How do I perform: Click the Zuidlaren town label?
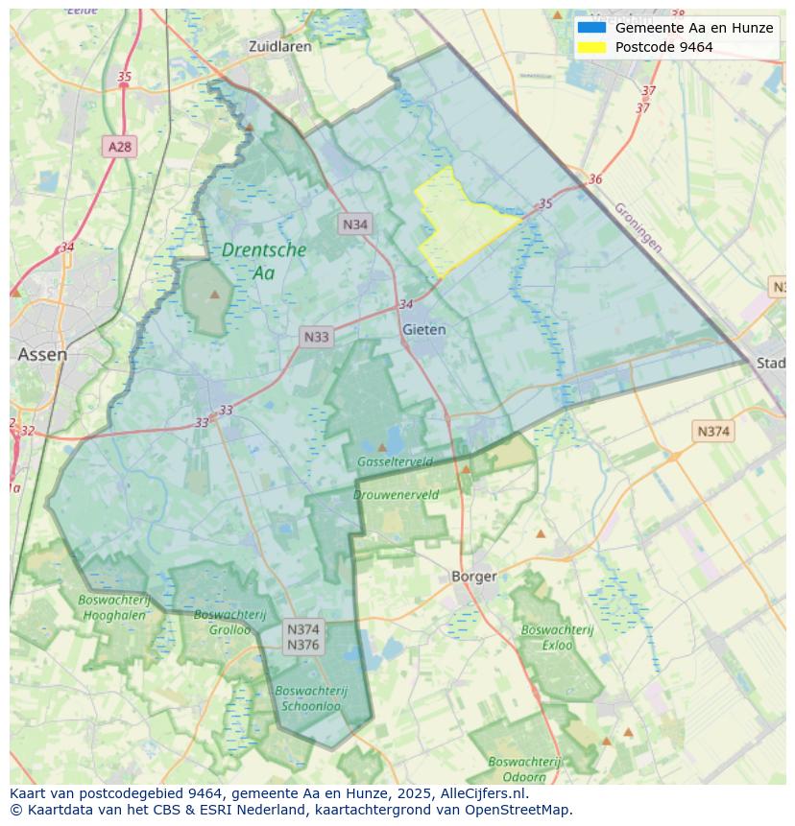279,46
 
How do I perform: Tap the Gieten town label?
423,329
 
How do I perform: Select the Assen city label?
42,354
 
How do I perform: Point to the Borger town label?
474,577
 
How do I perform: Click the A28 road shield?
120,147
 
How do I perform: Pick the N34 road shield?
355,224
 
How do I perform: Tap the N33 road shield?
316,337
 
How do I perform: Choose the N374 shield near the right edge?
712,432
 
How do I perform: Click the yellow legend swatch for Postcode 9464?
591,47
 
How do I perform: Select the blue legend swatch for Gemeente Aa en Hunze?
591,28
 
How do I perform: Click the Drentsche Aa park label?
264,261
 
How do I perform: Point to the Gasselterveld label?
395,461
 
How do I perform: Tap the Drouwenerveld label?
396,495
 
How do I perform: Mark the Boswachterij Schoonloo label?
310,697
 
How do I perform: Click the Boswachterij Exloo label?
557,638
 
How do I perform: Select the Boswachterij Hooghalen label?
114,607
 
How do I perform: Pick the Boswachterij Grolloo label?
222,622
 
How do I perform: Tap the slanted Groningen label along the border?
638,227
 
